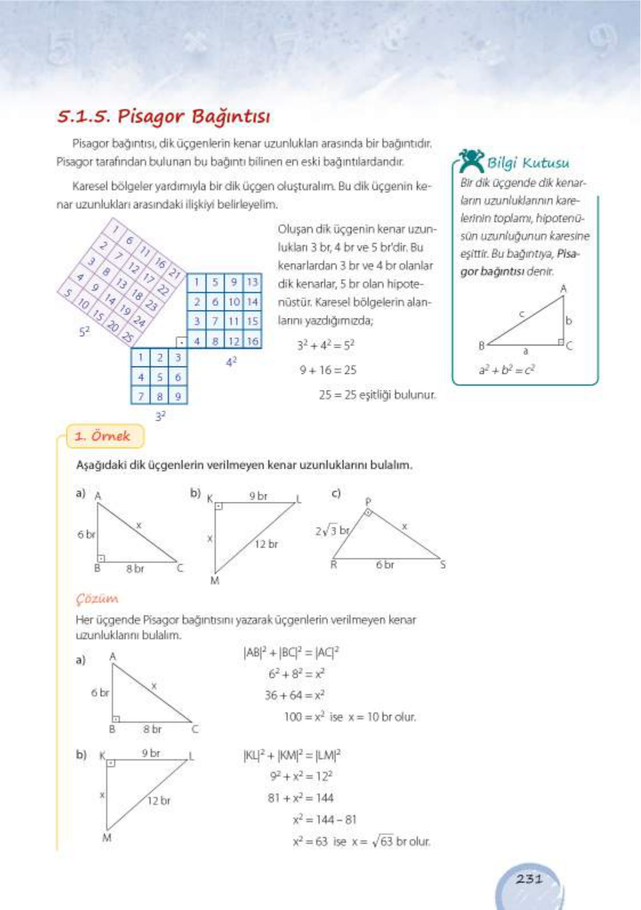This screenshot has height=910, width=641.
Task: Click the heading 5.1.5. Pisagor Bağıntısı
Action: [x=164, y=116]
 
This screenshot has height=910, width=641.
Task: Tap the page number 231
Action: [x=529, y=879]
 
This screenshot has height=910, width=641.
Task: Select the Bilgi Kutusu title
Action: [x=527, y=163]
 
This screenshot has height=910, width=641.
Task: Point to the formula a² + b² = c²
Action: [x=506, y=370]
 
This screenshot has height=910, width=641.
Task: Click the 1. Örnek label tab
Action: [x=103, y=437]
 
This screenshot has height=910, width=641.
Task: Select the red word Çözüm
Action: [x=97, y=599]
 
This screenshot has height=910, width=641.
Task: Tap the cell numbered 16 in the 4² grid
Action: [x=252, y=341]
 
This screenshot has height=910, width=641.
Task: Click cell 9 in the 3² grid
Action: [x=178, y=396]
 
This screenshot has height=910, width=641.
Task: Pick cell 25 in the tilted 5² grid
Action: [x=128, y=337]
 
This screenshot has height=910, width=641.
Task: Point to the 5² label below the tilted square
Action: [x=84, y=331]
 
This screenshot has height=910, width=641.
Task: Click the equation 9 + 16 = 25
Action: [x=328, y=370]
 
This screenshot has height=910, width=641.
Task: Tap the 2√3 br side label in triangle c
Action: [x=332, y=530]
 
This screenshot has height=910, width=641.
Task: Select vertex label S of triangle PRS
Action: [x=442, y=565]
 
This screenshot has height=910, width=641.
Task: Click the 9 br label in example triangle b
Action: [x=258, y=496]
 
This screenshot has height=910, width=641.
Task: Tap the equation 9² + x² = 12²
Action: [x=301, y=776]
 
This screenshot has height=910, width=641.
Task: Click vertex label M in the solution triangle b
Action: [x=107, y=838]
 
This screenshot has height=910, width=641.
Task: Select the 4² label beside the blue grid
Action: [x=231, y=361]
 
